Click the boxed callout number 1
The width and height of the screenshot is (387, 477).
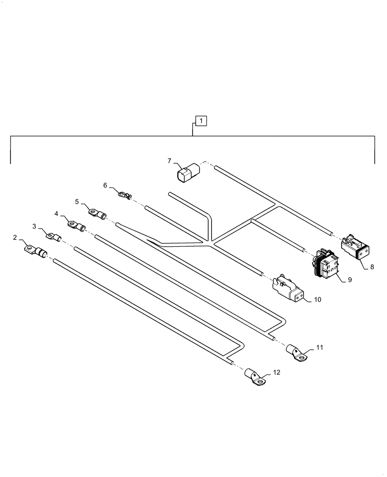pyautogui.click(x=201, y=121)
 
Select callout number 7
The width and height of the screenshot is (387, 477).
pyautogui.click(x=169, y=161)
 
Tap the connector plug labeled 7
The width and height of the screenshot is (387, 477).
pyautogui.click(x=187, y=173)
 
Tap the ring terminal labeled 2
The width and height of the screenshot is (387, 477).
pyautogui.click(x=35, y=250)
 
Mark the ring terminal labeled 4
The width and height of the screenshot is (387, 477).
pyautogui.click(x=76, y=225)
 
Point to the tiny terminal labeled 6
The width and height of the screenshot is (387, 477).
pyautogui.click(x=124, y=195)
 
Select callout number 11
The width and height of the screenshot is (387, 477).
pyautogui.click(x=319, y=348)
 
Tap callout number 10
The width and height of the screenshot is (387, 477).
pyautogui.click(x=317, y=300)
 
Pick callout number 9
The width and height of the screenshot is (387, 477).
pyautogui.click(x=349, y=280)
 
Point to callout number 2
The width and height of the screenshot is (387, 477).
pyautogui.click(x=15, y=237)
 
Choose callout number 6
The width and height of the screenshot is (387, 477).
pyautogui.click(x=105, y=185)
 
